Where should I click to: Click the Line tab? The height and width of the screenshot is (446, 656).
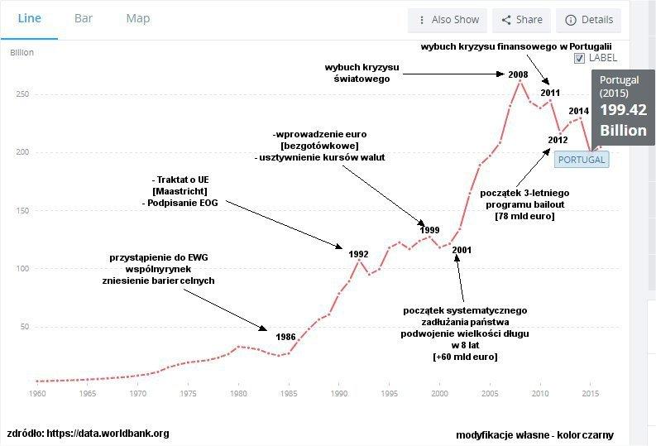(30, 18)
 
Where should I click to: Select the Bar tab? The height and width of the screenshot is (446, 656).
(84, 18)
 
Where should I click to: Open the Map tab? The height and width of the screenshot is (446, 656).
(138, 18)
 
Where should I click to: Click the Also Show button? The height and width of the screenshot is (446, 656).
(448, 20)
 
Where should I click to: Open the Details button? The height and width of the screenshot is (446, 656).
(590, 20)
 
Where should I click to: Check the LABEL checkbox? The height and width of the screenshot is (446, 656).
(580, 58)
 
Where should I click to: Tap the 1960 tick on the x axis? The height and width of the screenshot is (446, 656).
(37, 394)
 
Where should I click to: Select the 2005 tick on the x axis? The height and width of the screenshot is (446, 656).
(490, 394)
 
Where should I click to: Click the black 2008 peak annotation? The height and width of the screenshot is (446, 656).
(518, 75)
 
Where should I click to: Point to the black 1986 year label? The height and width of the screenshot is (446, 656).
(285, 337)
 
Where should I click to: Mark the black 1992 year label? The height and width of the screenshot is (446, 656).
(358, 253)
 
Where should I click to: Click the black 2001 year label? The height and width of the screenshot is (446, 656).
(462, 249)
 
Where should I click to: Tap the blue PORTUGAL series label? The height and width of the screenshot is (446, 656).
(582, 160)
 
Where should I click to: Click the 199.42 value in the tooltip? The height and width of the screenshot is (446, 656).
(623, 110)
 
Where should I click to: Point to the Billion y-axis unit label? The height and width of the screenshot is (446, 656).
(22, 53)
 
